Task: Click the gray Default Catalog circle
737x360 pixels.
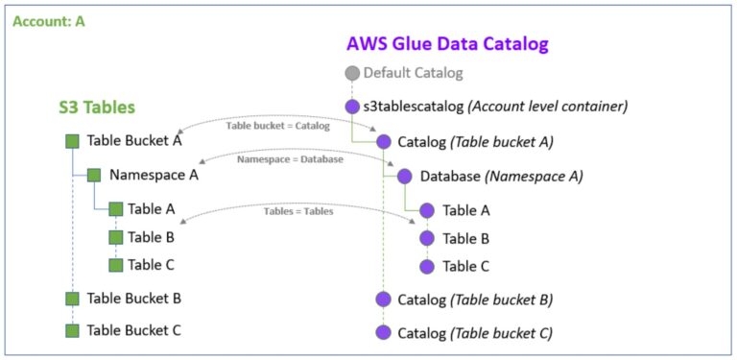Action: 352,73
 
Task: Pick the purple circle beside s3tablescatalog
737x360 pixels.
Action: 352,107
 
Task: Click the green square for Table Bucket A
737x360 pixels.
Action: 72,141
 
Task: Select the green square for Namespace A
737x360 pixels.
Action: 94,175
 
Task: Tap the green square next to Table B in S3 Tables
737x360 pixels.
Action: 115,236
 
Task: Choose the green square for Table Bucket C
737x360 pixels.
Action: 72,330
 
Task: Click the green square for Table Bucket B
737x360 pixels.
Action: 72,299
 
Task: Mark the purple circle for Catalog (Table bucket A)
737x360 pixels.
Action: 384,142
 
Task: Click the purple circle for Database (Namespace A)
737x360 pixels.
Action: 403,177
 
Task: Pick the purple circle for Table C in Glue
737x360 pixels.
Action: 427,267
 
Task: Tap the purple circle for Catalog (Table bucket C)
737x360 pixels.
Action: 384,332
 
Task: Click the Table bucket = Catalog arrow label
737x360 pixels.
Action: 277,126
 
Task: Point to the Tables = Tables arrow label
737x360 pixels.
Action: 298,211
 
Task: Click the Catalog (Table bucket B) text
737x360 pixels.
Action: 475,300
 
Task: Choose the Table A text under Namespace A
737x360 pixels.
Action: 152,208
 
